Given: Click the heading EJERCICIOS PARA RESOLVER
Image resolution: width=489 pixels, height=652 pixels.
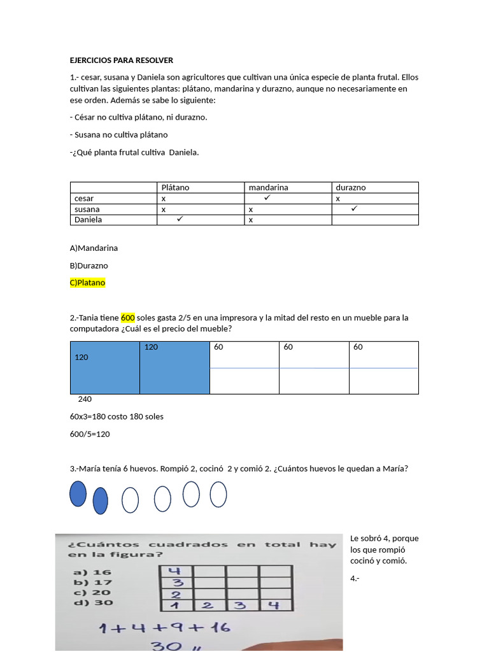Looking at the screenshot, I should pos(121,60).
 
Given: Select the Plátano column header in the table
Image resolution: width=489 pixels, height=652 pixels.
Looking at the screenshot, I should pos(175,187).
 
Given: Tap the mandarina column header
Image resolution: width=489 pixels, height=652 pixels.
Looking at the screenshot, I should pos(268,187).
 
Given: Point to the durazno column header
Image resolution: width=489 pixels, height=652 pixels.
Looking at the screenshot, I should pos(351,187).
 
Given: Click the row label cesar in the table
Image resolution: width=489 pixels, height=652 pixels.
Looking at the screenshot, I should pos(84,198).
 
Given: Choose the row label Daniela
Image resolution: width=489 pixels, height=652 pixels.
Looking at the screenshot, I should pos(89,220).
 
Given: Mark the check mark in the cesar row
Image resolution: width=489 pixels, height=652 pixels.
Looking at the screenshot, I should pos(267,198).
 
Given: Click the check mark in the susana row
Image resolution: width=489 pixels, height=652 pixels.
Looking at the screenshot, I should pos(355,208).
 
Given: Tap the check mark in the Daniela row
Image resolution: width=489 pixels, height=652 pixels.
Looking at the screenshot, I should pos(180,219).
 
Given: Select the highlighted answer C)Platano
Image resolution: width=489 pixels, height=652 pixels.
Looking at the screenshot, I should pos(87,283).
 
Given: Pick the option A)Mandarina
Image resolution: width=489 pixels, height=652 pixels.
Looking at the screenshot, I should pos(94,248).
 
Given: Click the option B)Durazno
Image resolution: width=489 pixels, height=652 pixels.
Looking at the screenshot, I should pos(89,265).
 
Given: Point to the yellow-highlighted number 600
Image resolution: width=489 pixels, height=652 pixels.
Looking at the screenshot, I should pos(128,317).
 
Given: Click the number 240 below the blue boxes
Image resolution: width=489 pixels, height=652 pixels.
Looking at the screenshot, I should pos(85,399).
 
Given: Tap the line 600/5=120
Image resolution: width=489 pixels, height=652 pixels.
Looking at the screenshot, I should pos(90,434).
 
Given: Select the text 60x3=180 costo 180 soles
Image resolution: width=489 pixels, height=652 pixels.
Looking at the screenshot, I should pos(117,416).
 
